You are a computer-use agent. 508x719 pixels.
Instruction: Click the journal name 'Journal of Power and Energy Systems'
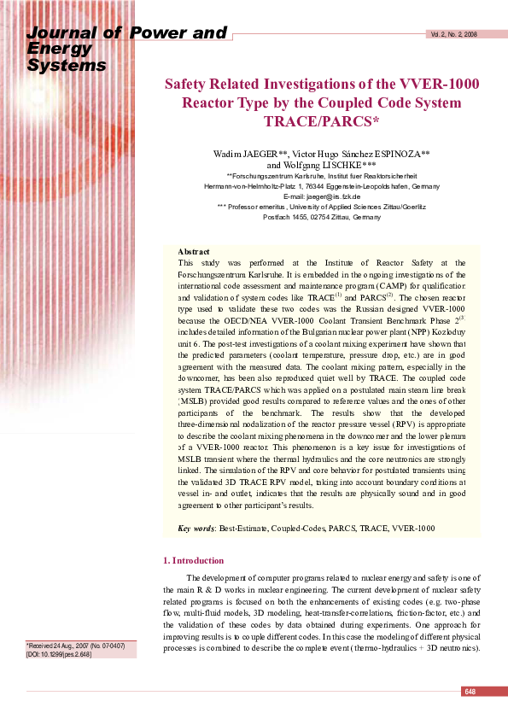coord(128,49)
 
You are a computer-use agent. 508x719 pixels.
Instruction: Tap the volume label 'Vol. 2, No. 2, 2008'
coord(453,35)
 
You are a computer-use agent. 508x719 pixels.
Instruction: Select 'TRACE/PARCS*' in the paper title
coord(322,122)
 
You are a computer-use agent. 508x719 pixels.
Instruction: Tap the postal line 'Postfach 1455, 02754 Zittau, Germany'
coord(322,217)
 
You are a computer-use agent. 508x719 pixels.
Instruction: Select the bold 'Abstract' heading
coord(194,252)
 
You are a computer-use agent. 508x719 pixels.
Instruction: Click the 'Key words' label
coord(196,529)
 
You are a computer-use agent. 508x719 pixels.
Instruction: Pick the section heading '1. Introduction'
coord(193,560)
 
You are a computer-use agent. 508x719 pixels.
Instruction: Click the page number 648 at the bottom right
coord(470,691)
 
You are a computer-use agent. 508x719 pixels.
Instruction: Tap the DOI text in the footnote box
coord(54,654)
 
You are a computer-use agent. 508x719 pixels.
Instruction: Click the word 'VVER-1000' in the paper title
coord(439,84)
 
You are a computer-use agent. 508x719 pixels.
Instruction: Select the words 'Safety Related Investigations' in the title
coord(262,84)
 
